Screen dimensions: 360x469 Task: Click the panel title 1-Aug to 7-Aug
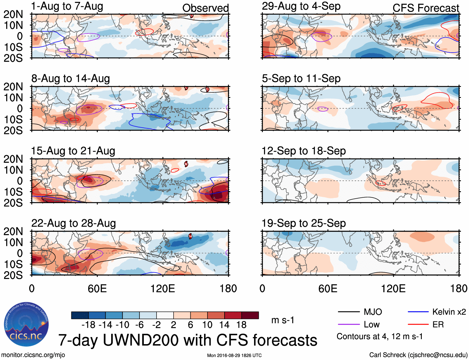(x=67, y=7)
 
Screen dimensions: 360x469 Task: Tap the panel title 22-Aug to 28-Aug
(x=74, y=223)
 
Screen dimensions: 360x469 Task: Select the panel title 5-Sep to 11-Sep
(x=301, y=79)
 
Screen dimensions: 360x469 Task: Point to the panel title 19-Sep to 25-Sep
(x=303, y=223)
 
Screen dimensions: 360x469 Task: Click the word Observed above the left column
(x=205, y=8)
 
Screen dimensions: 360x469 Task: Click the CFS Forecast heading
(x=426, y=8)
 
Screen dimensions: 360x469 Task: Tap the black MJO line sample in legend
(x=348, y=312)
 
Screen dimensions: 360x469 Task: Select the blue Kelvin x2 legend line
(x=418, y=312)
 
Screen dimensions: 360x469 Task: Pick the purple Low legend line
(x=348, y=325)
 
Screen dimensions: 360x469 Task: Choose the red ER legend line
(x=418, y=325)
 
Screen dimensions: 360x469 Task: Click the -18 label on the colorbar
(x=88, y=325)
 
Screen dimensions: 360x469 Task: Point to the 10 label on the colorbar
(x=207, y=325)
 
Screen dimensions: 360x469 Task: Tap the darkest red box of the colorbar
(x=250, y=315)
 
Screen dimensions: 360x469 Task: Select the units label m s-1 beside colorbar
(x=283, y=320)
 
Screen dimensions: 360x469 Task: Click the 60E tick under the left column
(x=97, y=288)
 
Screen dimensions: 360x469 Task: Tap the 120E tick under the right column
(x=393, y=288)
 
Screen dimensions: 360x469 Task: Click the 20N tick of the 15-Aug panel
(x=13, y=159)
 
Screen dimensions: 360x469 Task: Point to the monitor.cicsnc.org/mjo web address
(x=33, y=355)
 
